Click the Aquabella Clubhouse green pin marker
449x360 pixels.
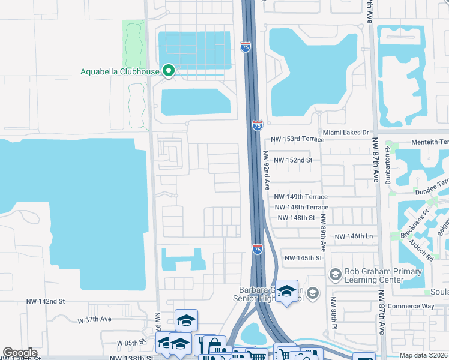169,71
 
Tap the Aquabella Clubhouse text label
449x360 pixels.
120,72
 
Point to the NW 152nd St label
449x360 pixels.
294,160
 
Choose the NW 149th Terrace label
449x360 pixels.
301,197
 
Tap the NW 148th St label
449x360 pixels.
295,218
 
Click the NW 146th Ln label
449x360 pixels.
354,237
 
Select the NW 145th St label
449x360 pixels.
303,258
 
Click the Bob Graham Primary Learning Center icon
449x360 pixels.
335,275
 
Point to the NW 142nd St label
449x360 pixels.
45,301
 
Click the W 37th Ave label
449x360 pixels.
95,320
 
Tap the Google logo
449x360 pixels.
20,353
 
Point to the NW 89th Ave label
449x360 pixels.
323,232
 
